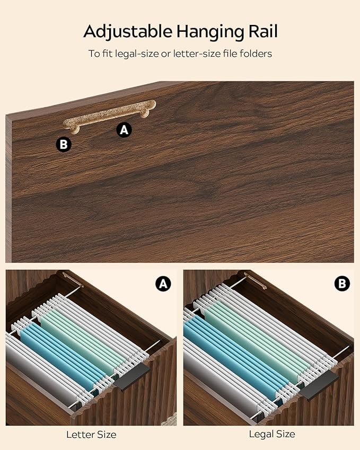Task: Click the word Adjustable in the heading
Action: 128,32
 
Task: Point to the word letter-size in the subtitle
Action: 197,54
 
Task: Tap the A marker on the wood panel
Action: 124,130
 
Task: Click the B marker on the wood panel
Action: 64,144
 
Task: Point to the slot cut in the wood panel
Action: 109,116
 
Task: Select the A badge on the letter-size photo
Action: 163,284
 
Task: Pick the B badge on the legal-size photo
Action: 342,284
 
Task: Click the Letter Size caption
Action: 91,435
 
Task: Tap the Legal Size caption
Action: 272,434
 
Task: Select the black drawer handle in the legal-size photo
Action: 319,385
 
